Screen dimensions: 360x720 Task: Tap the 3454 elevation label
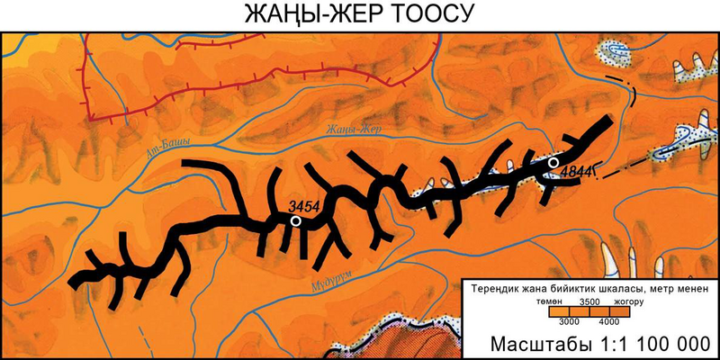[x=306, y=207]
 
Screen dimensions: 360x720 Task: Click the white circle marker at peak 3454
[x=296, y=220]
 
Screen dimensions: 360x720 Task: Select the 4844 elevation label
[x=574, y=168]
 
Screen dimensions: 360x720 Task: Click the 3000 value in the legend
[x=568, y=321]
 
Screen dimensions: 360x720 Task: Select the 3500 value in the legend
[x=589, y=302]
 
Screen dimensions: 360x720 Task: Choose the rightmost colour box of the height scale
[x=629, y=312]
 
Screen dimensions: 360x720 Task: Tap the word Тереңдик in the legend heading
[x=494, y=288]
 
